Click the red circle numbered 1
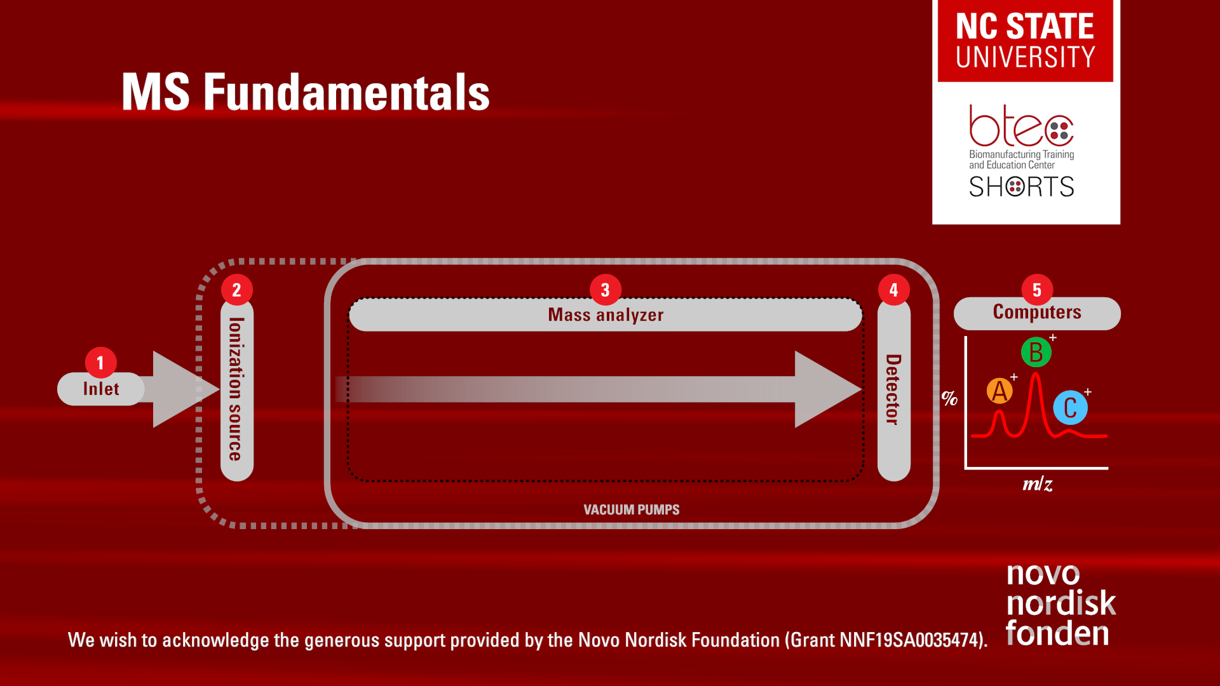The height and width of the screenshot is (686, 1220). coord(100,363)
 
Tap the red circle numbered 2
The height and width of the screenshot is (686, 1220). coord(237,290)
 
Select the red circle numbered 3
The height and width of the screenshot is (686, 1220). coord(606,290)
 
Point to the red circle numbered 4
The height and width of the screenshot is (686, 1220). coord(894,290)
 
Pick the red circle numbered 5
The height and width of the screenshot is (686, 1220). coord(1037,290)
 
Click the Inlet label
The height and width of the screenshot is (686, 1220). coord(101,389)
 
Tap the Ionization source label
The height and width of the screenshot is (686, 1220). coord(236,389)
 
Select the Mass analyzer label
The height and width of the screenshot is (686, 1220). coord(606,315)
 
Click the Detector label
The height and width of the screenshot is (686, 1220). coord(893,389)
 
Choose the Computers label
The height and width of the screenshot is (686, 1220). coord(1037,312)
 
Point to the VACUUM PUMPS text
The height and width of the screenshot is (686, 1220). coord(632,509)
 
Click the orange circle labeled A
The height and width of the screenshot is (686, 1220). coord(1000,391)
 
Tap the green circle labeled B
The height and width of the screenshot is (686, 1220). coord(1036,352)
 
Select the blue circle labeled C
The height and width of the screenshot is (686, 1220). coord(1070,408)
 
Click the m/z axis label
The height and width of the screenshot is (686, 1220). coord(1038,484)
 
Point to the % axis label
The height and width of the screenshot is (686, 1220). coord(949,398)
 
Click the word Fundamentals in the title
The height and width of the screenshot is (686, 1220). coord(346,92)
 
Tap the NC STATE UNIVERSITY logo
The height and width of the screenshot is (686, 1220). coord(1026,41)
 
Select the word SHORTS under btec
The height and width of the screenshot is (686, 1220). coord(1022,187)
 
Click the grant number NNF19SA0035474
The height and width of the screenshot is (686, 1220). coord(911,640)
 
